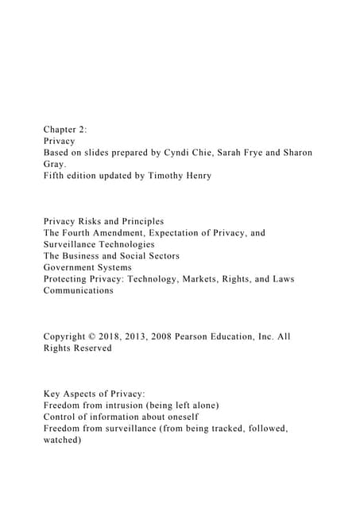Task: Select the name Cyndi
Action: pos(188,152)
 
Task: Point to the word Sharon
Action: pos(296,152)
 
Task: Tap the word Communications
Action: pos(79,290)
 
